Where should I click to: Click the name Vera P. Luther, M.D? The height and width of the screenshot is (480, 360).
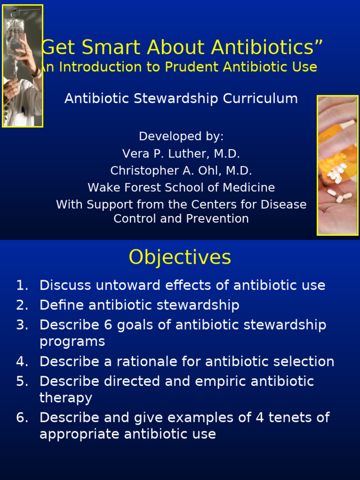[181, 154]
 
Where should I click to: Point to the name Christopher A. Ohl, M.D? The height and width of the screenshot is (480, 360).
[181, 171]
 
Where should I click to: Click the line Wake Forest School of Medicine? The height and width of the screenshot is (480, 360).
[181, 187]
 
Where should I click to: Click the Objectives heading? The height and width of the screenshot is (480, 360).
[180, 257]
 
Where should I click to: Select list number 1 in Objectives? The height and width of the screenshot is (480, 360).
[22, 285]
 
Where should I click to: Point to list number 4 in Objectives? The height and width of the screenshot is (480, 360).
[22, 361]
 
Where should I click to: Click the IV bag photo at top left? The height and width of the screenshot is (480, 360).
[22, 66]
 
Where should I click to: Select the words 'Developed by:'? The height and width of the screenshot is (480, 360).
[181, 136]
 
